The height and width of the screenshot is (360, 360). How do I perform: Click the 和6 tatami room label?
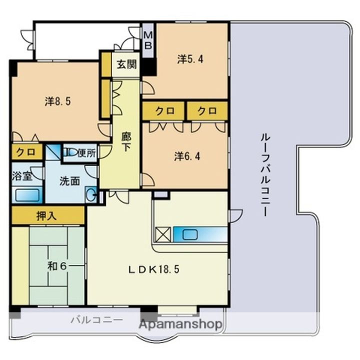[56, 265]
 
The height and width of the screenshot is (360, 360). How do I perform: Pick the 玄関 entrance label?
[125, 64]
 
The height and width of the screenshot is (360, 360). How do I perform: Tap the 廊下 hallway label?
[127, 141]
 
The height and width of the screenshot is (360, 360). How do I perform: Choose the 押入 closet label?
[47, 215]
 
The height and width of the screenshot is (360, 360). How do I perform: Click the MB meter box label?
[148, 40]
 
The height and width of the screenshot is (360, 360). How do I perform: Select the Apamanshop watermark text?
[180, 324]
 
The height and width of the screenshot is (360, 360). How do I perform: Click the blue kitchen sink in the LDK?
[193, 234]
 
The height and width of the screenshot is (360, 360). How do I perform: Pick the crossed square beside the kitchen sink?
[163, 234]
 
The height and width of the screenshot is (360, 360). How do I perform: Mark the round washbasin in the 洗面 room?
[90, 194]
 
